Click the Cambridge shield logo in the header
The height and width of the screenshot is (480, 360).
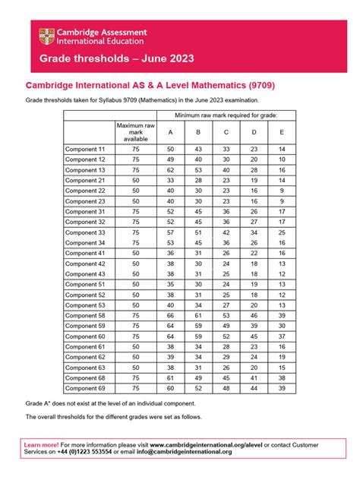(47, 36)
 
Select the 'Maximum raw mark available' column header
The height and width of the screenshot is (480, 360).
(136, 131)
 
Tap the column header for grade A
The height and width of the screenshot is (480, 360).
(170, 131)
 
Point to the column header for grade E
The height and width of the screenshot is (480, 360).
(282, 131)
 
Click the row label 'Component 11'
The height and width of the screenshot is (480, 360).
(86, 150)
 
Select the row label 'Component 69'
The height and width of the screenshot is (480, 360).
(86, 387)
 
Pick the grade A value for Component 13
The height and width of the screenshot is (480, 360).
(170, 171)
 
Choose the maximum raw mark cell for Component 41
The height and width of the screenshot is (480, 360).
(136, 253)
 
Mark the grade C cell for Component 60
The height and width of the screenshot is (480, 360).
(226, 336)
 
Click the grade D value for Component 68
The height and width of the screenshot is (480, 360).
(254, 377)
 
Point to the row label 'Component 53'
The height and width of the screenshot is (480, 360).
(86, 305)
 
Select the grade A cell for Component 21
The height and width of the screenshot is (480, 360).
(170, 181)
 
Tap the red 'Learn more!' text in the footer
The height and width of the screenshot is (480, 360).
(43, 442)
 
